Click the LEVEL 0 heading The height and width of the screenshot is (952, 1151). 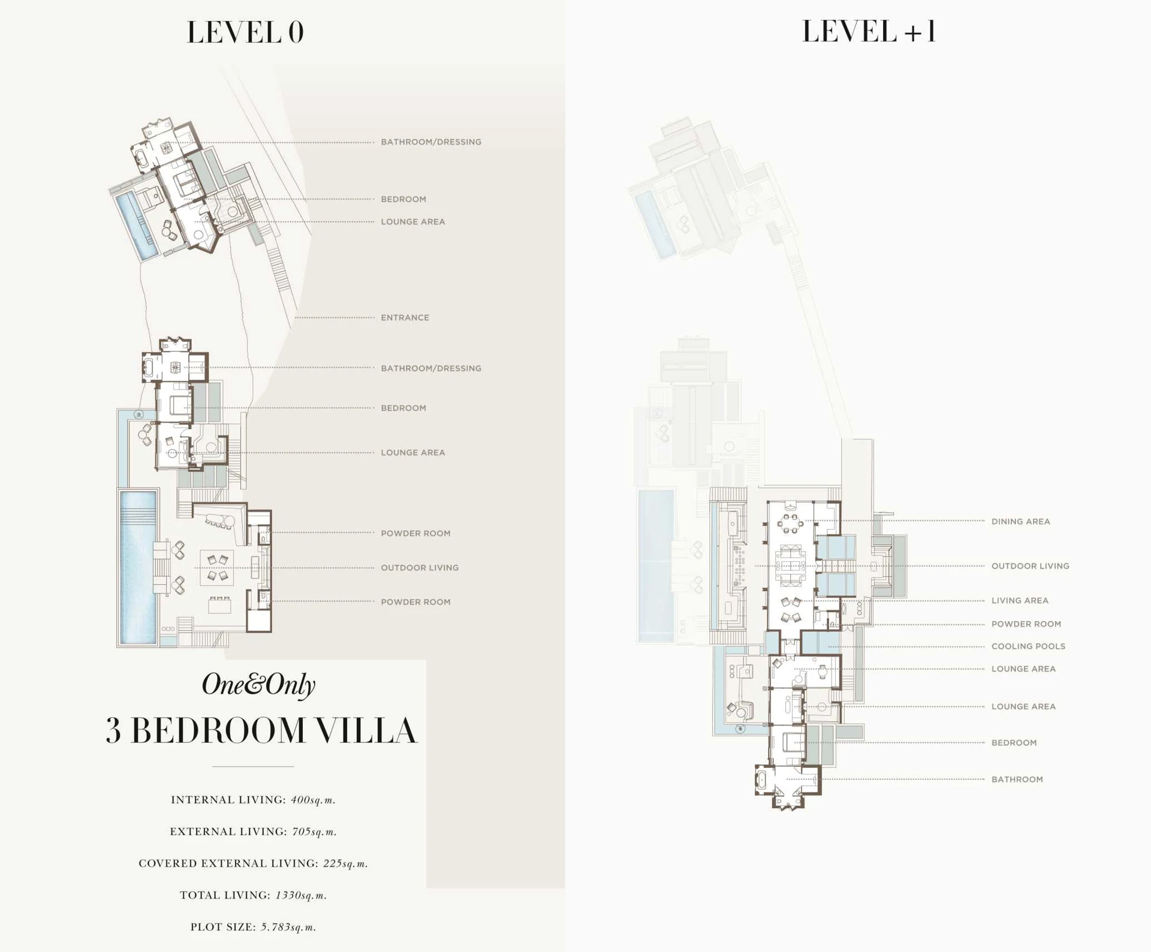point(245,32)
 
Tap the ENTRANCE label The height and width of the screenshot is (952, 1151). point(405,318)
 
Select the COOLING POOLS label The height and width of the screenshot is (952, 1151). point(1028,646)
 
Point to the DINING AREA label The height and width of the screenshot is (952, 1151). point(1020,522)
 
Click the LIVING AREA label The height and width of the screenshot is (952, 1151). point(1019,601)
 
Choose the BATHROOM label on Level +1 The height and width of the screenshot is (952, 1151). point(1017,779)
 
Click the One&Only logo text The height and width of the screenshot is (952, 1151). point(258,685)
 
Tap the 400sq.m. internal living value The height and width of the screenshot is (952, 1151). point(313,800)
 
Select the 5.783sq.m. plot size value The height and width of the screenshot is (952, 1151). point(288,927)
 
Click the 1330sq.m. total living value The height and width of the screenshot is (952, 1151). point(301,895)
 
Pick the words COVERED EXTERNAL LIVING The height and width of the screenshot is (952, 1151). point(228,863)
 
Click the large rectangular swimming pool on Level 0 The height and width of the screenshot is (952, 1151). point(138,567)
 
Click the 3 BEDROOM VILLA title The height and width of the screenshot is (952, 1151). point(261,730)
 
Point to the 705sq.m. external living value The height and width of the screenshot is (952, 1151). point(314,832)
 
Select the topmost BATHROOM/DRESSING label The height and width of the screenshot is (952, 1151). point(430,142)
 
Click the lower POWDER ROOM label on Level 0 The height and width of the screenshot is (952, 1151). point(415,602)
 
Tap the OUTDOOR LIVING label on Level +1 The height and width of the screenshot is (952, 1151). point(1029,566)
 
